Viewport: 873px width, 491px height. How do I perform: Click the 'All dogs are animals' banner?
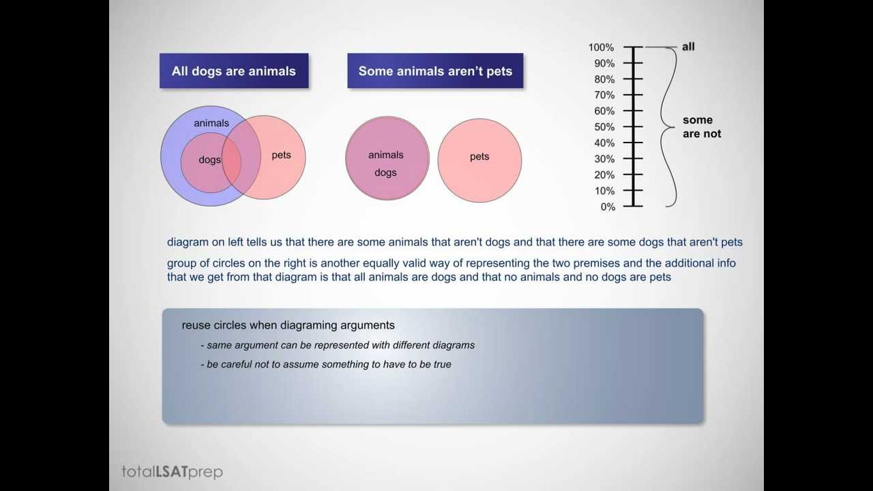[x=233, y=71]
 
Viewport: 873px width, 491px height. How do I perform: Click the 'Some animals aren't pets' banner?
[x=435, y=71]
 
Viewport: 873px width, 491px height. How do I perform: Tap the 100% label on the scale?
[x=601, y=48]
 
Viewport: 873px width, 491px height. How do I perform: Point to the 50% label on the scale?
[x=604, y=128]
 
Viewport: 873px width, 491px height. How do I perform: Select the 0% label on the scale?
[x=607, y=207]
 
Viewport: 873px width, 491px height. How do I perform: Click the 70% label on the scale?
[x=604, y=95]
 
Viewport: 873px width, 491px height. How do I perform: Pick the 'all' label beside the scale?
[x=688, y=47]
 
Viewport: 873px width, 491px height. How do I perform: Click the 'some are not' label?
[x=701, y=128]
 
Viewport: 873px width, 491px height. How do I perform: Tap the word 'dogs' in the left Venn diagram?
[x=209, y=160]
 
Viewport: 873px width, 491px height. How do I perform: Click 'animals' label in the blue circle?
[x=211, y=123]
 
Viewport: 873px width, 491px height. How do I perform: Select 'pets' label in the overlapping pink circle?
[x=281, y=155]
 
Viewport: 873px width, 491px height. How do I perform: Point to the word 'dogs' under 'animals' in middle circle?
[x=385, y=173]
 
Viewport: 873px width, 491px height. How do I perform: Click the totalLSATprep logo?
[x=172, y=471]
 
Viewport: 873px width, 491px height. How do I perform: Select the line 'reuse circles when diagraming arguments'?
[x=288, y=326]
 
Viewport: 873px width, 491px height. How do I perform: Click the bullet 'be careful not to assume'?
[x=325, y=364]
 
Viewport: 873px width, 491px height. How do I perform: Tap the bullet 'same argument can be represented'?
[x=337, y=345]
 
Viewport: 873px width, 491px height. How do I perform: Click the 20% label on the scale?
[x=604, y=175]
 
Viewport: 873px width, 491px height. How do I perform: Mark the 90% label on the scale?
[x=604, y=63]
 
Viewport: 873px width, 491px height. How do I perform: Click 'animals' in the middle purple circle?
[x=385, y=155]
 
